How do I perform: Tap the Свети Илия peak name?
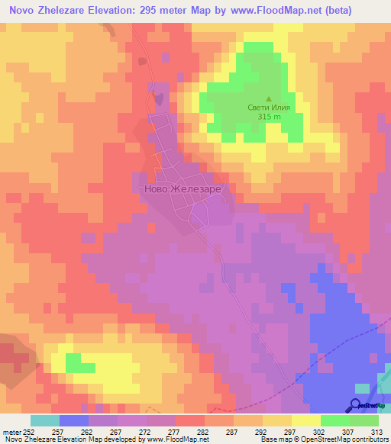click(x=268, y=108)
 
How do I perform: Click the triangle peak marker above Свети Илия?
click(x=268, y=98)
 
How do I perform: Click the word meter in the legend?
click(x=11, y=430)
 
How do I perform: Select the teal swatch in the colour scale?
click(x=45, y=420)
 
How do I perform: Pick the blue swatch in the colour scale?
click(x=74, y=420)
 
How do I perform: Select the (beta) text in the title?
click(x=361, y=11)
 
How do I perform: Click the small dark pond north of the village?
click(x=157, y=98)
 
